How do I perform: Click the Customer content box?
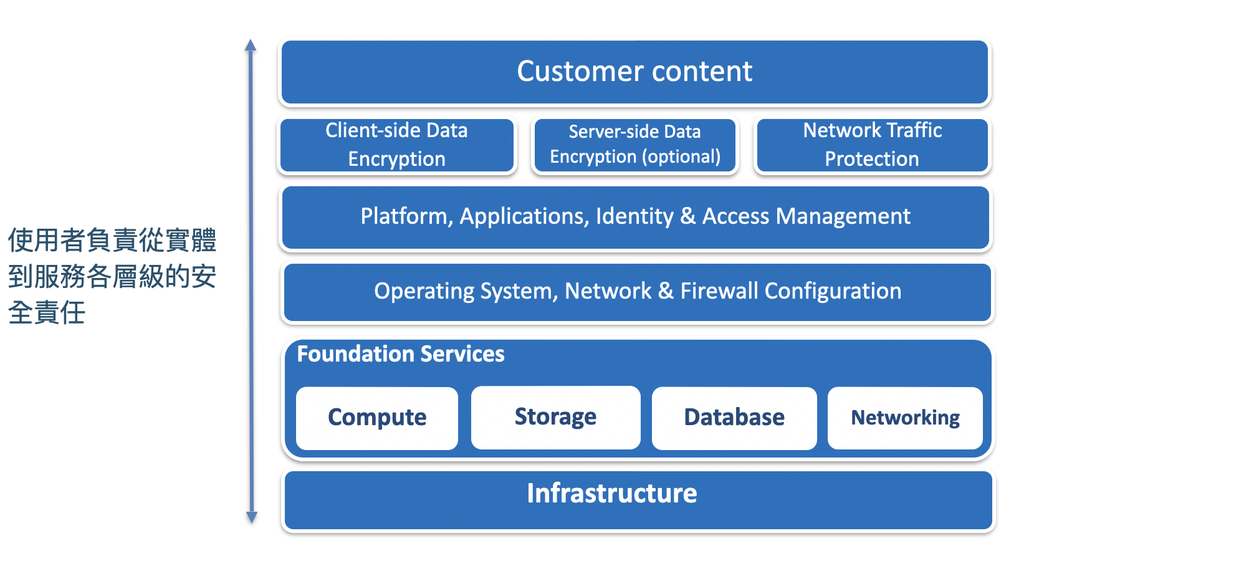pos(634,72)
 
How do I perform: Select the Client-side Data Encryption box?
pos(397,145)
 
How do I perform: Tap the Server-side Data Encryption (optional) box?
pos(634,145)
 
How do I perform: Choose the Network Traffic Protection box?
pos(872,145)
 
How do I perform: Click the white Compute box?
pos(377,418)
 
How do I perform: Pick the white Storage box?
pos(555,417)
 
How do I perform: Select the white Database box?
pos(734,418)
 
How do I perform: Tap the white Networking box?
pos(905,418)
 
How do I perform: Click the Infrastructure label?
pos(612,493)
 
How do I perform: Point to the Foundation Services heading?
pos(401,353)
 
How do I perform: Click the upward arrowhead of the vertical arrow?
pos(251,44)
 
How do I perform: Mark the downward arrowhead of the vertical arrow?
pos(252,517)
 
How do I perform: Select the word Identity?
pos(634,216)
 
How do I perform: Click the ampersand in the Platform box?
pos(688,216)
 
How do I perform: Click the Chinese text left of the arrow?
pos(112,276)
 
